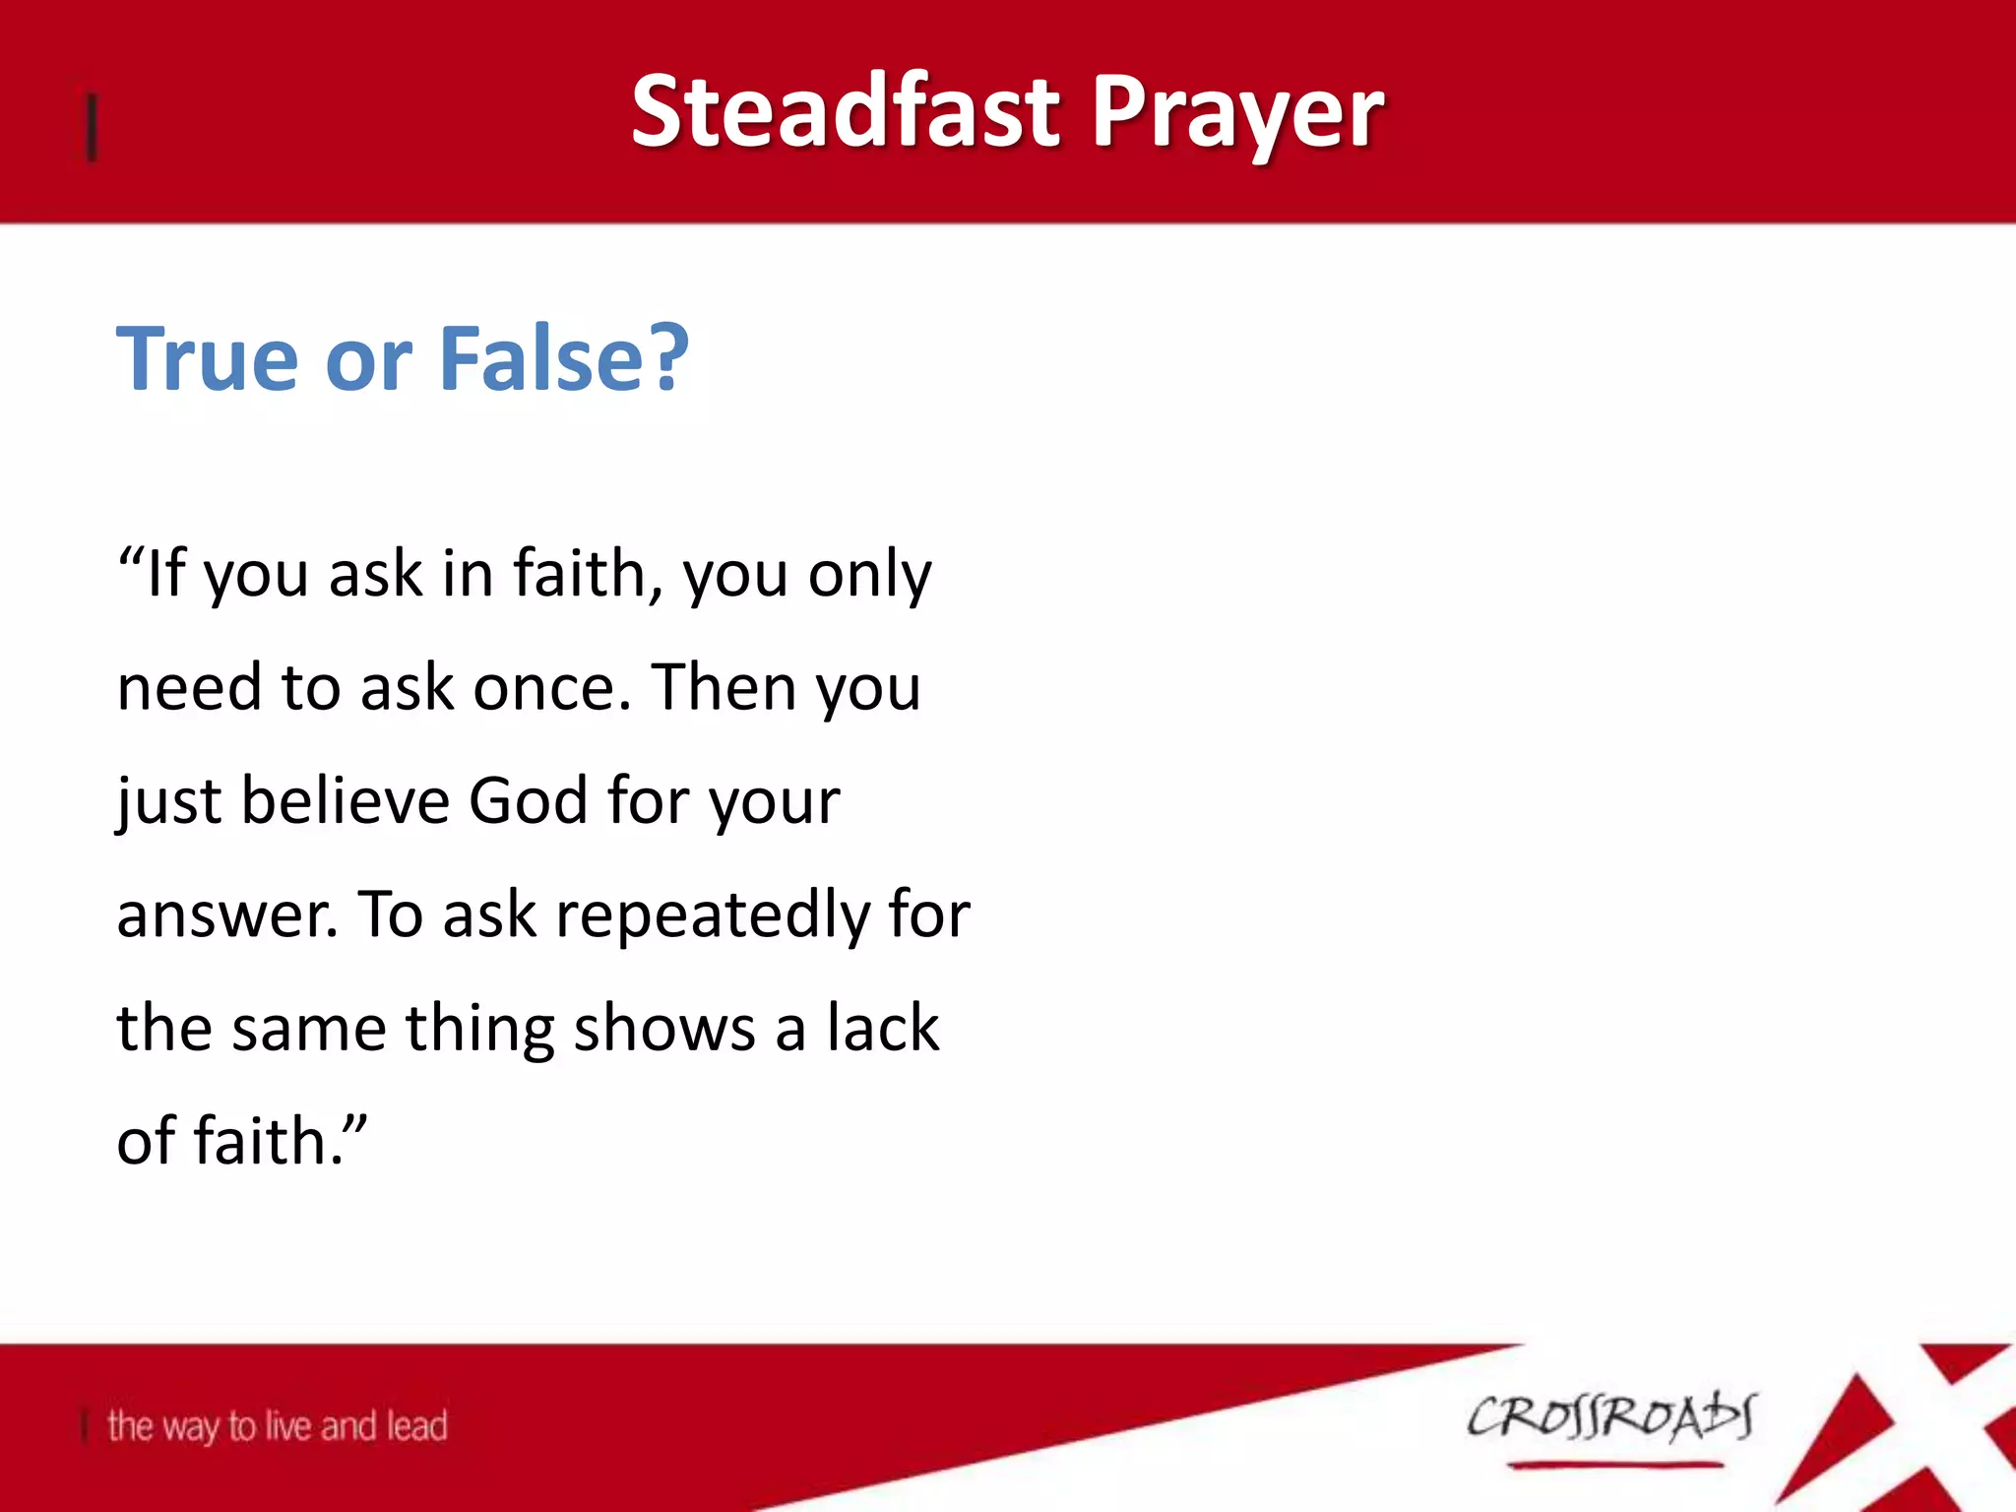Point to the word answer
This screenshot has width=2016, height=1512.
(x=227, y=915)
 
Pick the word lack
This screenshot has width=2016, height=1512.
(x=882, y=1028)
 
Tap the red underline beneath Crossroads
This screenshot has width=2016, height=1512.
(x=1614, y=1466)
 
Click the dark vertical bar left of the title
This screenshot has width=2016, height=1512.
(x=92, y=126)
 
